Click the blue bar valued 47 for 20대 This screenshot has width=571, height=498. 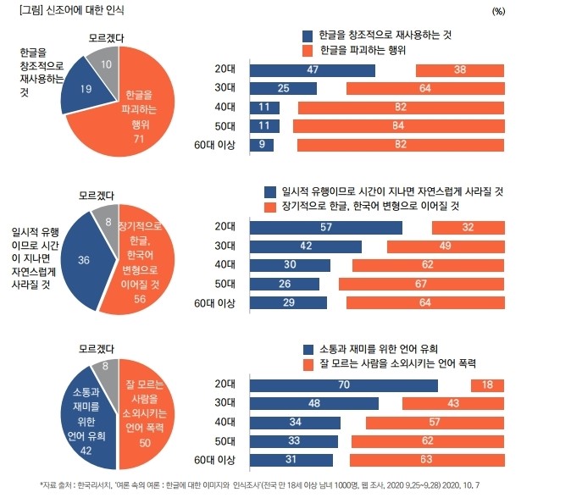pyautogui.click(x=312, y=70)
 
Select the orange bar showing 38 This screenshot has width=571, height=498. pyautogui.click(x=459, y=70)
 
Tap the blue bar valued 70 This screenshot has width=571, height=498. pyautogui.click(x=343, y=385)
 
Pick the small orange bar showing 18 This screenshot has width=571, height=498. pyautogui.click(x=488, y=385)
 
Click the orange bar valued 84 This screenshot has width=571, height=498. pyautogui.click(x=399, y=126)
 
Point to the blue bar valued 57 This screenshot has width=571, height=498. pyautogui.click(x=325, y=227)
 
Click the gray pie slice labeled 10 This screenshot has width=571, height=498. pyautogui.click(x=104, y=65)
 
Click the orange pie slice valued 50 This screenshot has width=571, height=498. pyautogui.click(x=147, y=415)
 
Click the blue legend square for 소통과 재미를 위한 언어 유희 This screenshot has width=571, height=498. pyautogui.click(x=308, y=348)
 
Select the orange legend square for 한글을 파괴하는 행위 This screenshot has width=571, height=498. pyautogui.click(x=308, y=51)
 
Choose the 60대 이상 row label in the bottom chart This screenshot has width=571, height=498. pyautogui.click(x=214, y=459)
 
